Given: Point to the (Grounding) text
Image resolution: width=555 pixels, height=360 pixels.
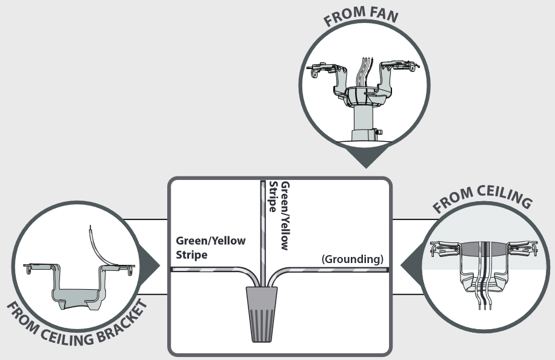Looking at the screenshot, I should [353, 259].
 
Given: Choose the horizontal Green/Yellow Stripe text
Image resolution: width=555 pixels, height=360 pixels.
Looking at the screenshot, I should [210, 247].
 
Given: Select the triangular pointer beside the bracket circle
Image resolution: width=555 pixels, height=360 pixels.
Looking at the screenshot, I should [149, 265].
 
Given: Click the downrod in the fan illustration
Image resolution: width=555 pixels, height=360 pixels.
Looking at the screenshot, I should [365, 121].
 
